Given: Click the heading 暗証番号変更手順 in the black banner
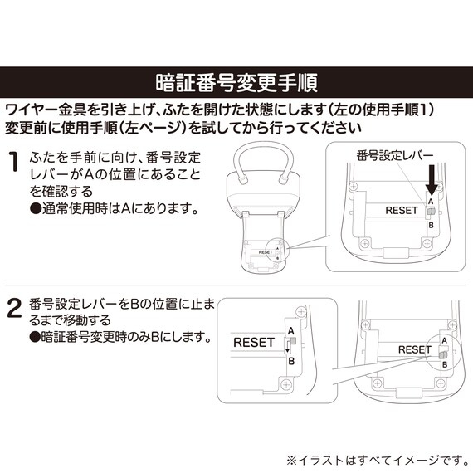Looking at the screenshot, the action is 236,82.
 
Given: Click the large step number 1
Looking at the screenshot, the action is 13,161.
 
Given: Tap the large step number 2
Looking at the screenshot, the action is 14,308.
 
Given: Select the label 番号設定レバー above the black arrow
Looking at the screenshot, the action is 394,156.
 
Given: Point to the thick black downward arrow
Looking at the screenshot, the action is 432,180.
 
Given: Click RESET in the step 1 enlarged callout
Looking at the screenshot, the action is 402,210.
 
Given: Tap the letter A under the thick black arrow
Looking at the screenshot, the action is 431,201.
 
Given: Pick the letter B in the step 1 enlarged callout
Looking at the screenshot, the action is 431,225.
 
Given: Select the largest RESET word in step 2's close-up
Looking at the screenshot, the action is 254,343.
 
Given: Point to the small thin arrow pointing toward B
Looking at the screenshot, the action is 288,347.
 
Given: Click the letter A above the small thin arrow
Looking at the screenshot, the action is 290,331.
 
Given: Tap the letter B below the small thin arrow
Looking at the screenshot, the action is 291,361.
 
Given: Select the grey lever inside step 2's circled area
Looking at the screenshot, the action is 443,355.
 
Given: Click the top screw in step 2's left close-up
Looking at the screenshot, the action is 300,312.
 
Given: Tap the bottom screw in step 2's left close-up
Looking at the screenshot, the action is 286,384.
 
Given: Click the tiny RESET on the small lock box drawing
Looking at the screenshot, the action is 266,252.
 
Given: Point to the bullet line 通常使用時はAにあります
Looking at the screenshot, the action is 115,208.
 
